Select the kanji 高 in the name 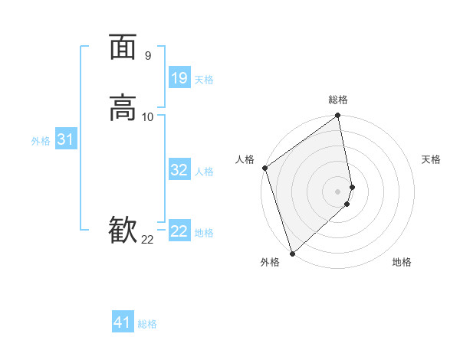pyautogui.click(x=123, y=107)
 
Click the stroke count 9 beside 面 pyautogui.click(x=147, y=56)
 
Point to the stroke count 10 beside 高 pyautogui.click(x=148, y=116)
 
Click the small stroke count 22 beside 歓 pyautogui.click(x=147, y=240)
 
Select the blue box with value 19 pyautogui.click(x=179, y=77)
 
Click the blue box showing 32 pyautogui.click(x=179, y=170)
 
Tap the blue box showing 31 pyautogui.click(x=65, y=139)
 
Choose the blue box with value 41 pyautogui.click(x=123, y=322)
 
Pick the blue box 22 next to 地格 pyautogui.click(x=179, y=231)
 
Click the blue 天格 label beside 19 pyautogui.click(x=204, y=80)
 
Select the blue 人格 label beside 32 pyautogui.click(x=204, y=172)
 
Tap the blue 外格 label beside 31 pyautogui.click(x=41, y=141)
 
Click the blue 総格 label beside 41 pyautogui.click(x=147, y=324)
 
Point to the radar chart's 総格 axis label pyautogui.click(x=338, y=100)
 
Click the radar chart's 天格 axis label pyautogui.click(x=432, y=159)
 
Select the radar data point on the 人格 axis pyautogui.click(x=264, y=168)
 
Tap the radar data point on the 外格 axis pyautogui.click(x=292, y=252)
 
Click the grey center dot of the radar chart pyautogui.click(x=338, y=191)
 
